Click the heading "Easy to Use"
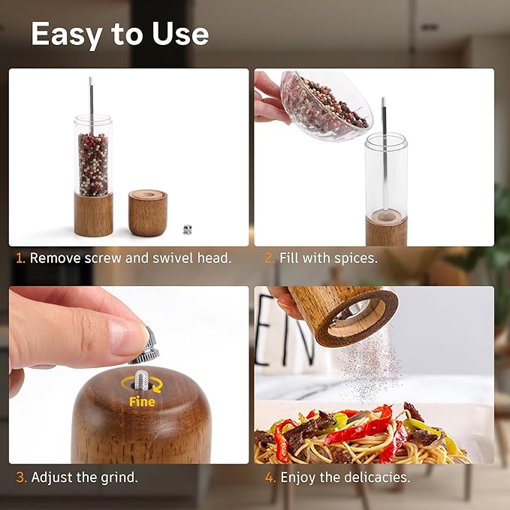click(119, 35)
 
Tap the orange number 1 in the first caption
click(20, 258)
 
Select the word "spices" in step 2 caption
click(356, 258)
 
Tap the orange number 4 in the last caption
click(270, 477)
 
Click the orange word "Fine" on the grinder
click(142, 401)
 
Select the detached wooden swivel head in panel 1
click(147, 213)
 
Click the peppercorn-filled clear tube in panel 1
click(93, 158)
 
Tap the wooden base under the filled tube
click(93, 215)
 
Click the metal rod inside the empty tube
click(384, 150)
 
